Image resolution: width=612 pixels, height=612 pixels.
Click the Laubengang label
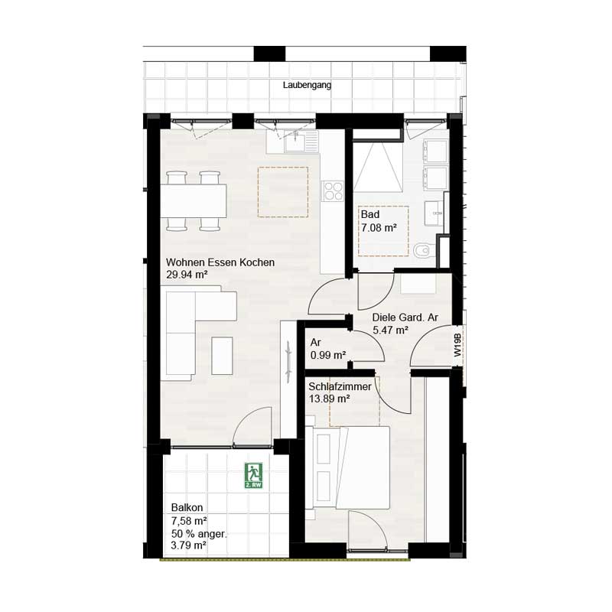point(306,86)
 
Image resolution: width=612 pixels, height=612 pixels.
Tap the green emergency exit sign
point(253,476)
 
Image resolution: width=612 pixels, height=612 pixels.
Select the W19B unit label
point(457,346)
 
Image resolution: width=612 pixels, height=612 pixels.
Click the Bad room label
point(370,215)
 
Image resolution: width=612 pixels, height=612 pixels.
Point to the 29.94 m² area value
point(187,275)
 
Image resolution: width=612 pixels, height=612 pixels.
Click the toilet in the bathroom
point(423,250)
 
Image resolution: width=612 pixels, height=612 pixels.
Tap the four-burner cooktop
point(333,191)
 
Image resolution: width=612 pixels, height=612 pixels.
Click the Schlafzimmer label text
point(340,387)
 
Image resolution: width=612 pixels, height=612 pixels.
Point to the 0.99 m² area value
point(328,355)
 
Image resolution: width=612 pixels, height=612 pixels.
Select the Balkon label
point(187,507)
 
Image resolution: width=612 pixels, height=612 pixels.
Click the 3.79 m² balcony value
point(188,545)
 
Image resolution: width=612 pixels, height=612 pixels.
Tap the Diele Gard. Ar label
point(405,317)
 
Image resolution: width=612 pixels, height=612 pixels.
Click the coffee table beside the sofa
point(223,356)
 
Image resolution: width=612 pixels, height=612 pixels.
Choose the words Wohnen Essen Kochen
point(220,262)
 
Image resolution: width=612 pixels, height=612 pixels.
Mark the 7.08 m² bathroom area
point(378,228)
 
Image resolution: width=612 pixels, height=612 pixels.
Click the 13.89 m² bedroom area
point(329,399)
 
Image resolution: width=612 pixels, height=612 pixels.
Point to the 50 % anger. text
point(199,533)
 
